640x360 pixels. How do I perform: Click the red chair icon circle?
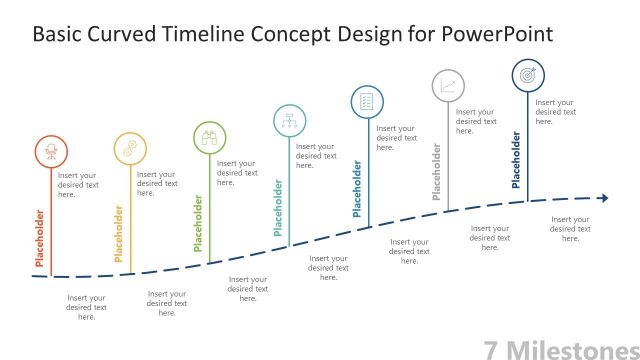pos(49,151)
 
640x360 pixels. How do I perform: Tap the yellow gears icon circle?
pos(129,148)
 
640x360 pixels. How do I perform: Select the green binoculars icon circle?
pos(209,138)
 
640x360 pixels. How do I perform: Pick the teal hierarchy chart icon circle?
pos(289,120)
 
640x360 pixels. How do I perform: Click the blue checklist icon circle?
pos(367,101)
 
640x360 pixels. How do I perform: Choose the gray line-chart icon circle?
pos(447,86)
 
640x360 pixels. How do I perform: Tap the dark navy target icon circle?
pos(528,75)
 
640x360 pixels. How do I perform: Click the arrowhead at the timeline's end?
pos(603,198)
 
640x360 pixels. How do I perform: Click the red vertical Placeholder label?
pos(40,237)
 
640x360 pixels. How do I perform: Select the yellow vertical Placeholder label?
pos(119,234)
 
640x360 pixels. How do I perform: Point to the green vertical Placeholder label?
pos(198,223)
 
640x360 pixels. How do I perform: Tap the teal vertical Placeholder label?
pos(278,208)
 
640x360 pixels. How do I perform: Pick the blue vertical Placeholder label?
pos(357,189)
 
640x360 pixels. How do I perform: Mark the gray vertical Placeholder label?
pos(437,172)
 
